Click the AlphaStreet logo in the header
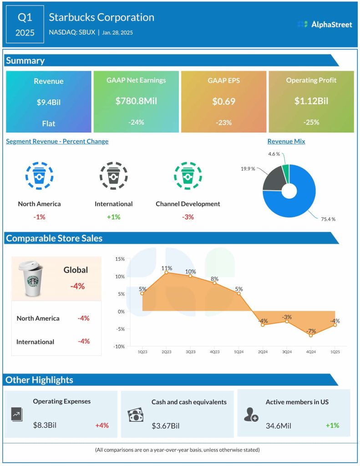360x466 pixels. point(325,24)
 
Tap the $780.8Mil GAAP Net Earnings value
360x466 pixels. point(136,101)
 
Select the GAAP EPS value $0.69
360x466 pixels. point(224,101)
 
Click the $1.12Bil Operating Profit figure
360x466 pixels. point(311,101)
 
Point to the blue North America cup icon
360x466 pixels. point(39,175)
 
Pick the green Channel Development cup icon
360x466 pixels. point(188,175)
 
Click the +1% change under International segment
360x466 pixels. point(114,217)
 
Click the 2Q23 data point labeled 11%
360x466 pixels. point(167,272)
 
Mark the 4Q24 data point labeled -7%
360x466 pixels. point(311,335)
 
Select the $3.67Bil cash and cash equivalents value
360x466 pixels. point(166,426)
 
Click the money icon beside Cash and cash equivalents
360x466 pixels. point(136,415)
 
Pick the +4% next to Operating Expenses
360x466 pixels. point(102,425)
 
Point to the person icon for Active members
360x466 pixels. point(251,415)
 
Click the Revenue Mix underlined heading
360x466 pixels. point(286,141)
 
